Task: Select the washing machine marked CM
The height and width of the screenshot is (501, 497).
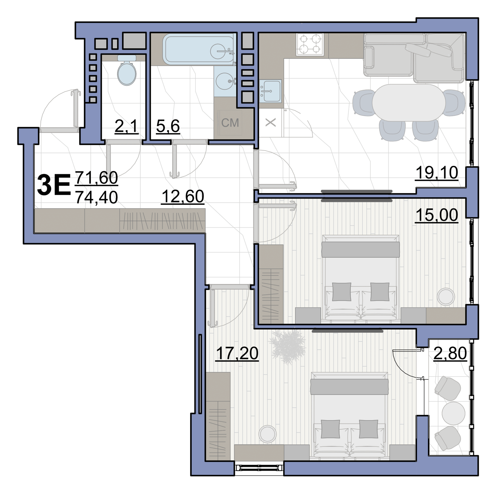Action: (x=230, y=122)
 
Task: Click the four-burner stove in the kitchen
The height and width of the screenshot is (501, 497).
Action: (x=310, y=44)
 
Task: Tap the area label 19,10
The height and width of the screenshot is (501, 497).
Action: (x=437, y=173)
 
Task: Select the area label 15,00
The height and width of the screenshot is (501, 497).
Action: (x=437, y=215)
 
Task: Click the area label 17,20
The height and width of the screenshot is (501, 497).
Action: (x=237, y=354)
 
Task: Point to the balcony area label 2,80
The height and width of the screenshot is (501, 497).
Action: (x=450, y=354)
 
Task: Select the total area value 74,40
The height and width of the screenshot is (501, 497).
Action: (x=97, y=198)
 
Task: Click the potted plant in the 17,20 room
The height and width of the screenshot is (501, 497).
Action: (x=288, y=346)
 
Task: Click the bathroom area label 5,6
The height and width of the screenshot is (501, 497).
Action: (x=168, y=126)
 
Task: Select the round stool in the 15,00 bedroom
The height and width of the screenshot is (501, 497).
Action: (x=446, y=296)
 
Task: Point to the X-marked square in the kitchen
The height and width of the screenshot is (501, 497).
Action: (x=271, y=123)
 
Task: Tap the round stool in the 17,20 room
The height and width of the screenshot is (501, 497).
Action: (x=268, y=434)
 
